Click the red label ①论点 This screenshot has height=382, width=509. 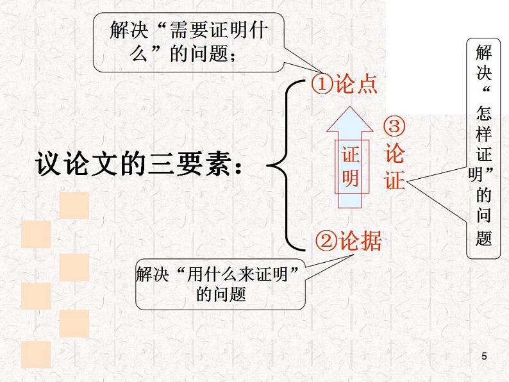coord(344,85)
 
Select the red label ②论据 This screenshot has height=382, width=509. coord(349,241)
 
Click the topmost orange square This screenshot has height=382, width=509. coord(74,205)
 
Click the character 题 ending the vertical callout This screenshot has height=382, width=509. coord(484,238)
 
